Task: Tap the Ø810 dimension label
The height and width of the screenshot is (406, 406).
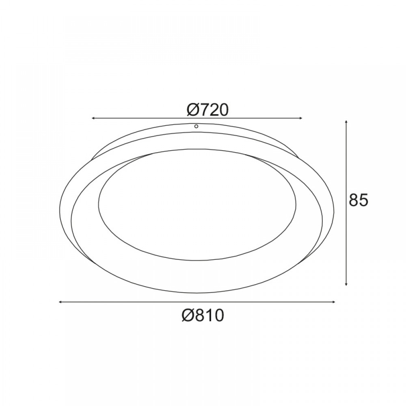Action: (203, 315)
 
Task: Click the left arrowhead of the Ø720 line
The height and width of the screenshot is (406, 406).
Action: (94, 118)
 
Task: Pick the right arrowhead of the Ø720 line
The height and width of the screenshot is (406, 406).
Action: (301, 118)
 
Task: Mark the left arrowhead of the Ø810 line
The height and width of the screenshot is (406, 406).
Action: (61, 302)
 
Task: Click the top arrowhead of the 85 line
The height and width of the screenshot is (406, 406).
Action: (346, 122)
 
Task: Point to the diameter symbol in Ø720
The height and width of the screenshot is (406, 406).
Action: (192, 110)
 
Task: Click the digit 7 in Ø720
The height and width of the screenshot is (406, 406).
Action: (204, 110)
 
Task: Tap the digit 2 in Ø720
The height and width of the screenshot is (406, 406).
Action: (214, 110)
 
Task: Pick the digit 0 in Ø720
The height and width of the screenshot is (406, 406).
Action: (224, 110)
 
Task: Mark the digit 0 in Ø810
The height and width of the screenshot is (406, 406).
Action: (219, 315)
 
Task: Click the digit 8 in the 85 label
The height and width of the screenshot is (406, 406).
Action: (354, 200)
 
